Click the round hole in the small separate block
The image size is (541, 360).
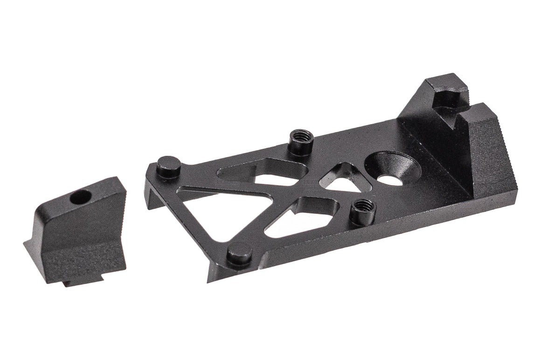tap(80, 198)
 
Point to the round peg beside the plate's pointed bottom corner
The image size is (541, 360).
tap(240, 254)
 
